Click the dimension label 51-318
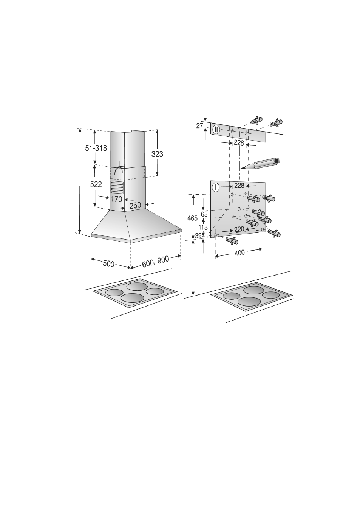pos(96,148)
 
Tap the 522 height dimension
pos(96,184)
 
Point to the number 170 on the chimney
pos(116,199)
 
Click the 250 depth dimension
pos(136,206)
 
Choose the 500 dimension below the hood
pos(108,264)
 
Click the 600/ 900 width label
pos(156,262)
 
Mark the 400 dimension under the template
pos(239,252)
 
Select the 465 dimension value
pos(192,218)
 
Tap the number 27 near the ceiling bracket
pos(199,126)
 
